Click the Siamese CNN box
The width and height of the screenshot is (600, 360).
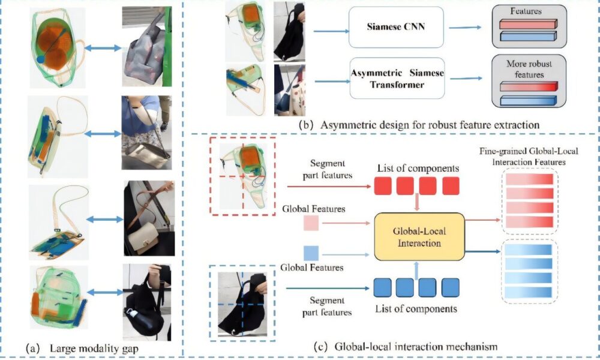point(395,28)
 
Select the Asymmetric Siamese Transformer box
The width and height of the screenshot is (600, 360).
point(397,78)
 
